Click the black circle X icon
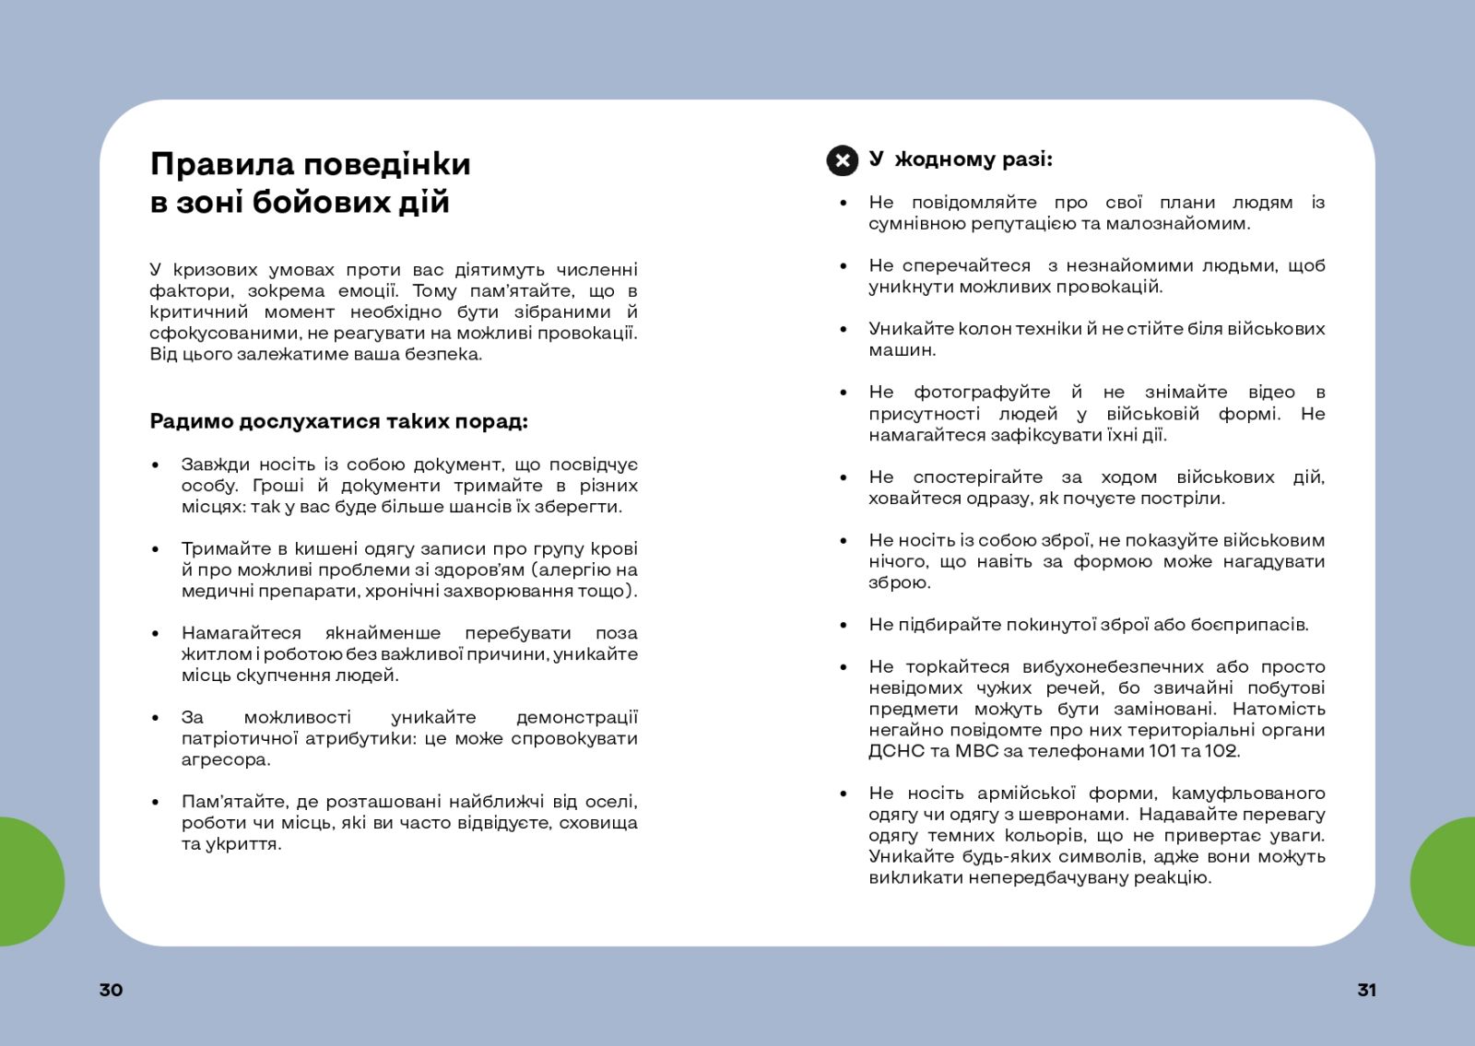click(842, 160)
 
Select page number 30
click(111, 990)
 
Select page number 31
click(1366, 990)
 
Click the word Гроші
click(277, 486)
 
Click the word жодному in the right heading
click(944, 159)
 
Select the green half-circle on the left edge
click(28, 881)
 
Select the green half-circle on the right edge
click(1445, 881)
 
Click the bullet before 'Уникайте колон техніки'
click(843, 329)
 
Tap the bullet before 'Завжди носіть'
click(155, 465)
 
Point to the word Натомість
click(1279, 710)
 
